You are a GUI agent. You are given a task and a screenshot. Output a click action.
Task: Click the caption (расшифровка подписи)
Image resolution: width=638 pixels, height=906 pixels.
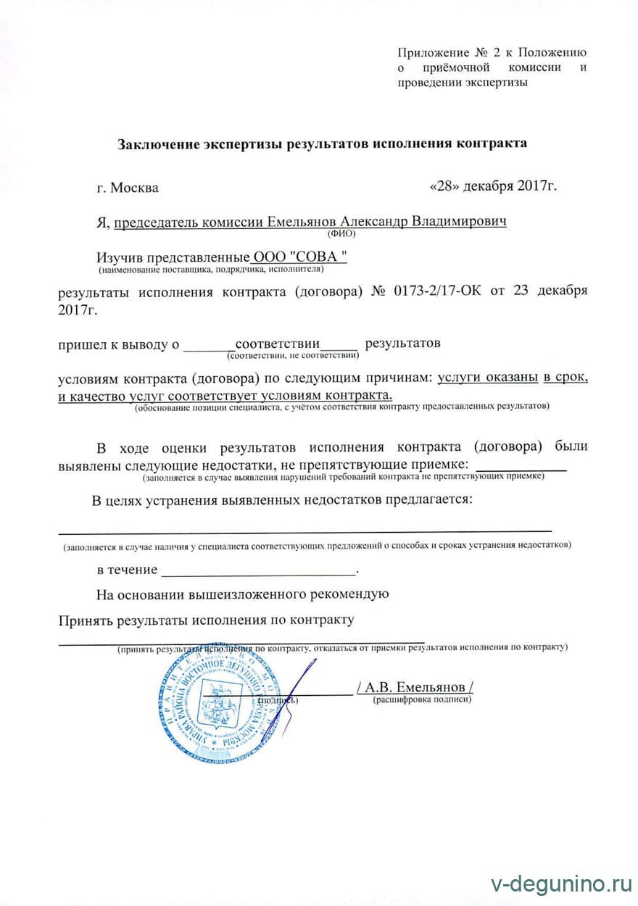tap(422, 700)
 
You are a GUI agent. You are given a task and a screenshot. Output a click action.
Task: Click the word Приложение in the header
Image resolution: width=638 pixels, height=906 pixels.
tap(432, 52)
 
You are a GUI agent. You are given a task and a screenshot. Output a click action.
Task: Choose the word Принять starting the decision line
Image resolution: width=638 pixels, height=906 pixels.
tap(84, 620)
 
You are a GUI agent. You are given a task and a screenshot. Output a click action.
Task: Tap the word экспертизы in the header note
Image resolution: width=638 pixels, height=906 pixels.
tap(493, 83)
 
